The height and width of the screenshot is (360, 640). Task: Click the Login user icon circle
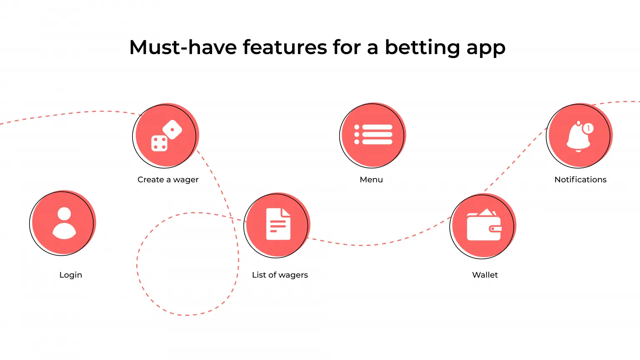pyautogui.click(x=63, y=223)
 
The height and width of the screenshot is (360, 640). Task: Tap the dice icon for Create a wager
pyautogui.click(x=166, y=135)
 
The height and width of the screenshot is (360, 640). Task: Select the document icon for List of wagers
pyautogui.click(x=277, y=225)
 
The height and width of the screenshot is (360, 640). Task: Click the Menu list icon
pyautogui.click(x=373, y=135)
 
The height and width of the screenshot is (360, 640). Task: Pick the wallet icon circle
pyautogui.click(x=483, y=226)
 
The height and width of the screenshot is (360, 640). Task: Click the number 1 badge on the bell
pyautogui.click(x=588, y=128)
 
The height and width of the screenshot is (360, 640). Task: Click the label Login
pyautogui.click(x=71, y=275)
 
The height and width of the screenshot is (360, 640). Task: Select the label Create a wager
pyautogui.click(x=168, y=180)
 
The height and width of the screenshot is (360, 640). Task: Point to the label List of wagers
pyautogui.click(x=280, y=275)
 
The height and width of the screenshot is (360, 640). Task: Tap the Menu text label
pyautogui.click(x=371, y=180)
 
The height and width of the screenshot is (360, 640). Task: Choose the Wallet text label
pyautogui.click(x=485, y=275)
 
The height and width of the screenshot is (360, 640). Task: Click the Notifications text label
pyautogui.click(x=580, y=180)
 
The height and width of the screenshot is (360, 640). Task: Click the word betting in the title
pyautogui.click(x=422, y=47)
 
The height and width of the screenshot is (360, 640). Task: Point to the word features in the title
pyautogui.click(x=285, y=47)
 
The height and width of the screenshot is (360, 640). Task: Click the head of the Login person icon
pyautogui.click(x=64, y=214)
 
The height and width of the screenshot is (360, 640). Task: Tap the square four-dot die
pyautogui.click(x=159, y=143)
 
